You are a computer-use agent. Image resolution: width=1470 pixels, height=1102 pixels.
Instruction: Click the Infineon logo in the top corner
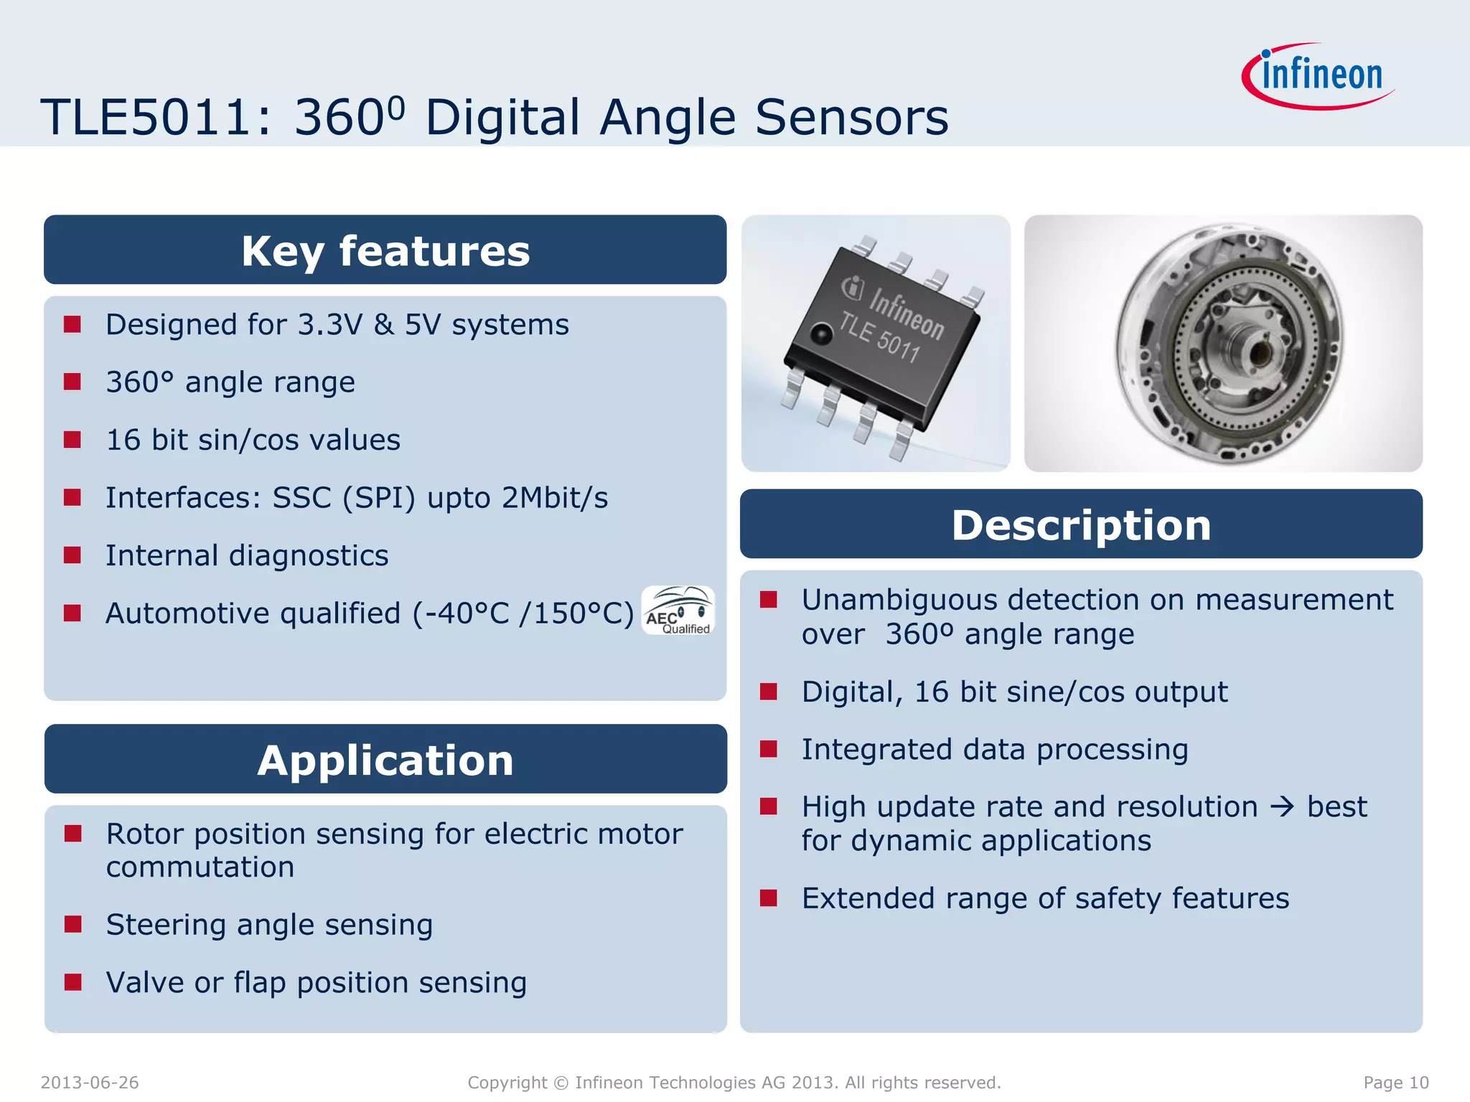(x=1319, y=75)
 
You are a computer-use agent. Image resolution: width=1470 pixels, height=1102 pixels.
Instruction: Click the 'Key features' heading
(x=385, y=250)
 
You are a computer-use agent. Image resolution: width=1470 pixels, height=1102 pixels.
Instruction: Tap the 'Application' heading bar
(x=385, y=760)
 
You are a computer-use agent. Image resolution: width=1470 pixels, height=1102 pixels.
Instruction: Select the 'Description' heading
(x=1081, y=524)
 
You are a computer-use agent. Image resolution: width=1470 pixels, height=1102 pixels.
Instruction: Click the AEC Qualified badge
(x=678, y=611)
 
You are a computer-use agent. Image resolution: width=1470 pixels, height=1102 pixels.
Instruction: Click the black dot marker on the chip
(x=820, y=334)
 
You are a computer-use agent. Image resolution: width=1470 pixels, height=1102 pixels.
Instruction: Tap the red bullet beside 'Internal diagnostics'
(x=72, y=555)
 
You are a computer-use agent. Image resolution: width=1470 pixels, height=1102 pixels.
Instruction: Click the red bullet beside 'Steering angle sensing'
(x=72, y=924)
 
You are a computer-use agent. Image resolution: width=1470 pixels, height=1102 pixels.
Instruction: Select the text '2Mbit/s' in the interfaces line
(x=554, y=498)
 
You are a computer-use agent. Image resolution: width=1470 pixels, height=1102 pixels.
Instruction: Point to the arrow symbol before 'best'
(x=1282, y=807)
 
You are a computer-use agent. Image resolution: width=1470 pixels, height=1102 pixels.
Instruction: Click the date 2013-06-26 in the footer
(x=90, y=1083)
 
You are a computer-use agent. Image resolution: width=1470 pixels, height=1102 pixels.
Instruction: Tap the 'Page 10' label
(x=1395, y=1083)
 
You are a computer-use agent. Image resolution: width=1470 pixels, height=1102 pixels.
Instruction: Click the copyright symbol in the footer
(x=561, y=1083)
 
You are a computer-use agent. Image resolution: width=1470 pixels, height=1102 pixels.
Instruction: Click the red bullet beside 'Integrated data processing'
(x=769, y=749)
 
